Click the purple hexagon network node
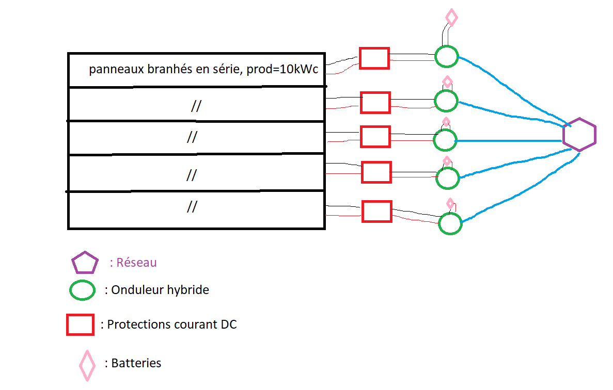pyautogui.click(x=579, y=134)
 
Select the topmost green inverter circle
pyautogui.click(x=446, y=56)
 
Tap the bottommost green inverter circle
pyautogui.click(x=450, y=223)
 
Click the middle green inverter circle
pyautogui.click(x=445, y=139)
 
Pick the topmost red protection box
pyautogui.click(x=374, y=58)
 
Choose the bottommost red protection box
pyautogui.click(x=376, y=212)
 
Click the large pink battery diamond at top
pyautogui.click(x=451, y=18)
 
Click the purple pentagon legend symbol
pyautogui.click(x=85, y=263)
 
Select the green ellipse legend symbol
pyautogui.click(x=83, y=290)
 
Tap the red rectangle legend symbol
pyautogui.click(x=80, y=325)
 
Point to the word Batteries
pyautogui.click(x=136, y=363)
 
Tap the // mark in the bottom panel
pyautogui.click(x=192, y=207)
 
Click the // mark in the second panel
pyautogui.click(x=196, y=106)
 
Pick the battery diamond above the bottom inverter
pyautogui.click(x=450, y=203)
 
